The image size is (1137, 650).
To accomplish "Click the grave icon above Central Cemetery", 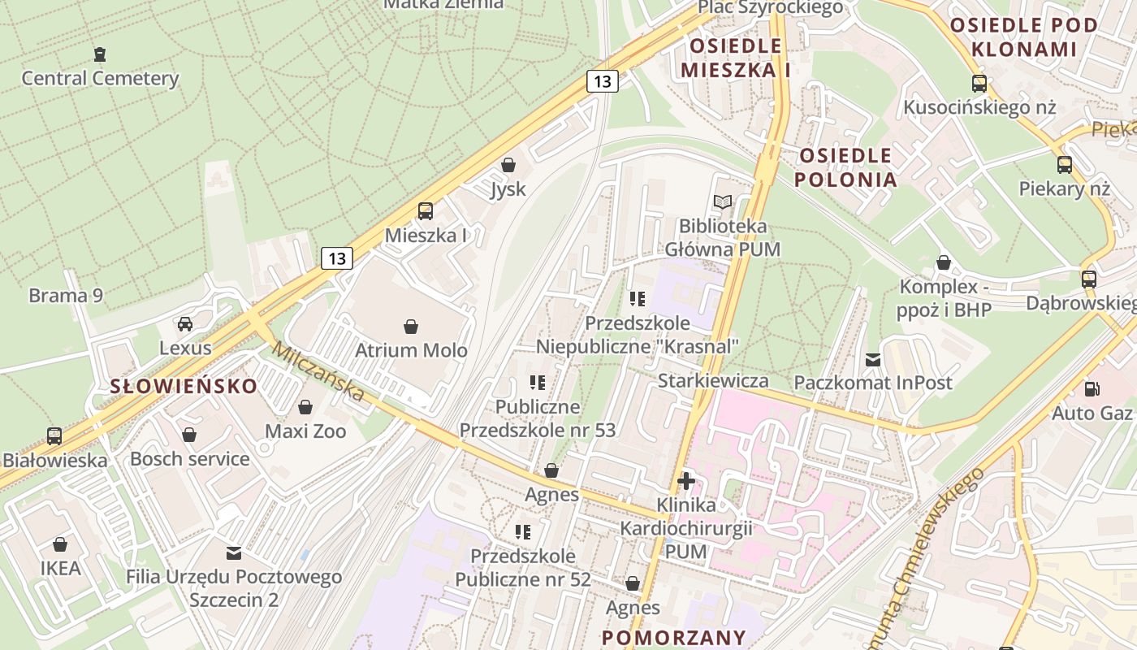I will [100, 55].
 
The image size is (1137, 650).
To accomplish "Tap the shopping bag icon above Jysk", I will [508, 166].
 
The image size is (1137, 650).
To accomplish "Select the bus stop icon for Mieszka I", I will [426, 211].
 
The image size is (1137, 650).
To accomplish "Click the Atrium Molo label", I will [411, 350].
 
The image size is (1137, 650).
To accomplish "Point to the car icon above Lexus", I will [185, 324].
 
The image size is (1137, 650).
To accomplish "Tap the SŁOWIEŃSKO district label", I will [184, 386].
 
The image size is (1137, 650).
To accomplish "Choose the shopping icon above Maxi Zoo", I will [305, 407].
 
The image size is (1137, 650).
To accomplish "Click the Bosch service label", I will [190, 458].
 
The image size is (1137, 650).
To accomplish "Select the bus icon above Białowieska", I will [54, 436].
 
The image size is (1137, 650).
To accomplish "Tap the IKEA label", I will [61, 567].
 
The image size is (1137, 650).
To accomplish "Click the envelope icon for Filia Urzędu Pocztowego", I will [234, 553].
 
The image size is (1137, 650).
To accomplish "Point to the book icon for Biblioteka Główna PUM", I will [722, 201].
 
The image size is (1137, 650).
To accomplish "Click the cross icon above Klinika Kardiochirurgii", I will [686, 481].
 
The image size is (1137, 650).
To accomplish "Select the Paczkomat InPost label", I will [872, 382].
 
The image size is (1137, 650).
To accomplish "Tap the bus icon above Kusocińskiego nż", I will [979, 84].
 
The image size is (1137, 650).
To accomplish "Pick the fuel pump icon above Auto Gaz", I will [1092, 389].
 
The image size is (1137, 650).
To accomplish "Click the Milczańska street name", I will [318, 371].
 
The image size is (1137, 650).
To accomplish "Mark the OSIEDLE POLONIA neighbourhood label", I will [845, 167].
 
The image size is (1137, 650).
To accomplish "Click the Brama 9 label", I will [66, 295].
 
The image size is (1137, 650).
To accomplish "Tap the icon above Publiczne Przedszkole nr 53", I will [538, 382].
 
